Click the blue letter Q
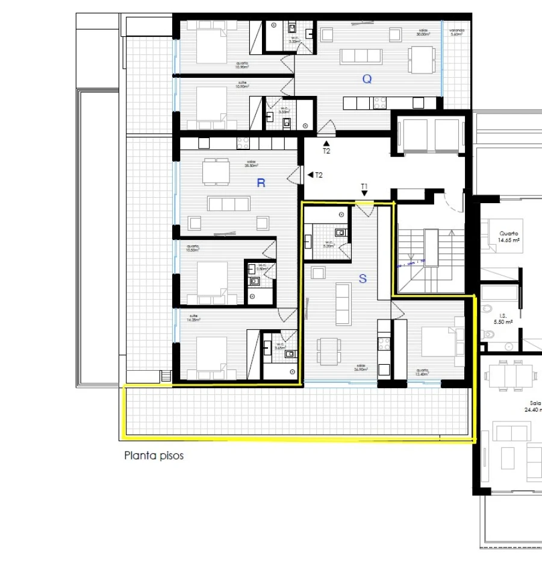[x=367, y=78]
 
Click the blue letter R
[x=261, y=183]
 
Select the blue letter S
[x=363, y=278]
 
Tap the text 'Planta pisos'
[x=154, y=456]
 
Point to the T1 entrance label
[x=364, y=186]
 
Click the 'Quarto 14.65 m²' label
[x=509, y=236]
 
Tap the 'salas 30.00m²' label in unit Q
[x=422, y=33]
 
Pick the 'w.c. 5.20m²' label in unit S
[x=328, y=245]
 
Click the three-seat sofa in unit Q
[x=361, y=57]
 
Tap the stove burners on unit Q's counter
[x=381, y=103]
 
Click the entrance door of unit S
[x=365, y=210]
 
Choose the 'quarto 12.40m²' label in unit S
[x=422, y=373]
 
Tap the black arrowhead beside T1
[x=364, y=194]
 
